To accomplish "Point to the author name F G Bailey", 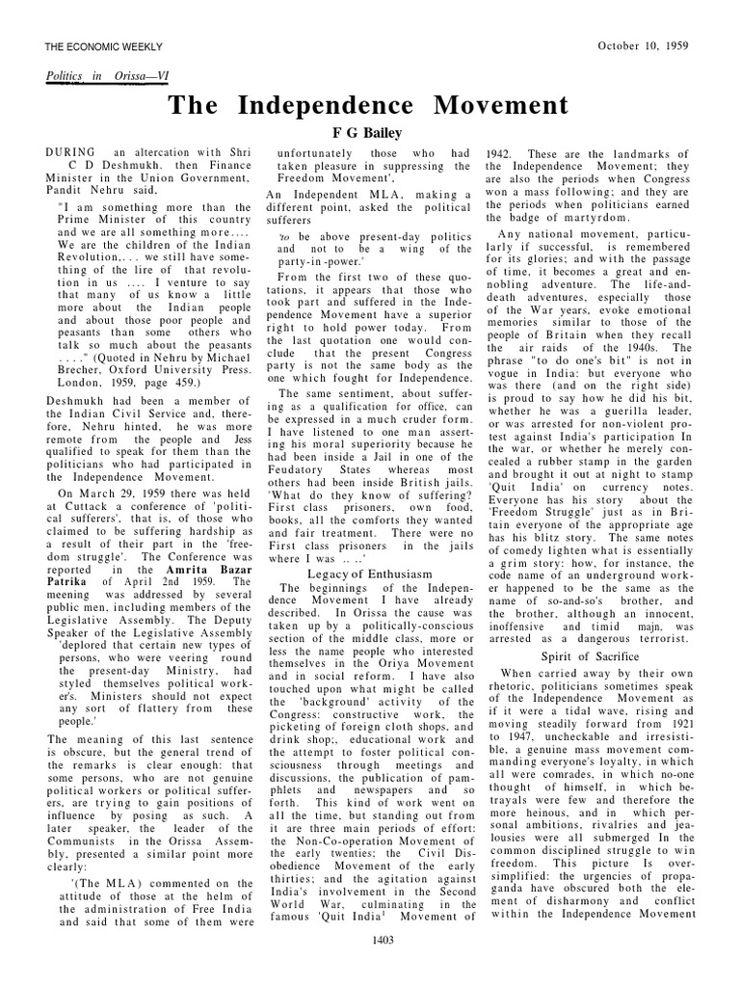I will pyautogui.click(x=368, y=133).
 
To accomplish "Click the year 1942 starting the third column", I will pyautogui.click(x=498, y=154).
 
